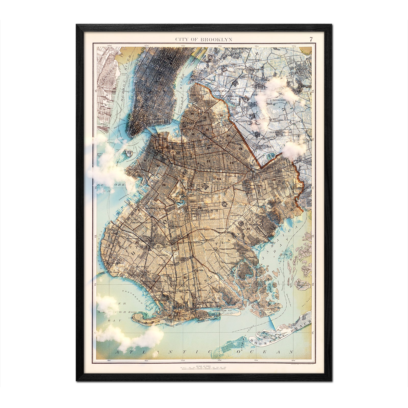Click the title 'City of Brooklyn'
203,39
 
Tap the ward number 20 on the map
178,153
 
